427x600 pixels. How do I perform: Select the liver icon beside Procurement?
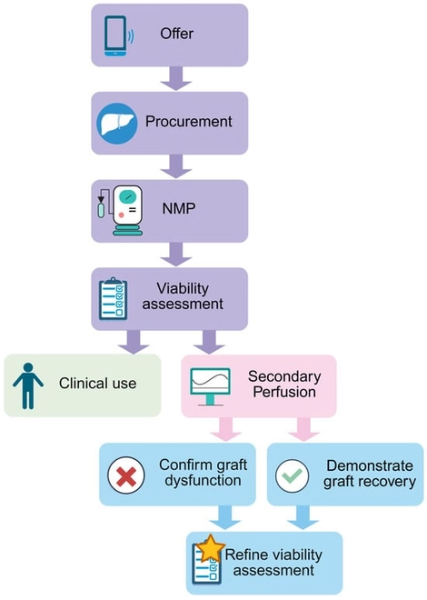(115, 121)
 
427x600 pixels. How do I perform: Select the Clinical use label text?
(97, 384)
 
